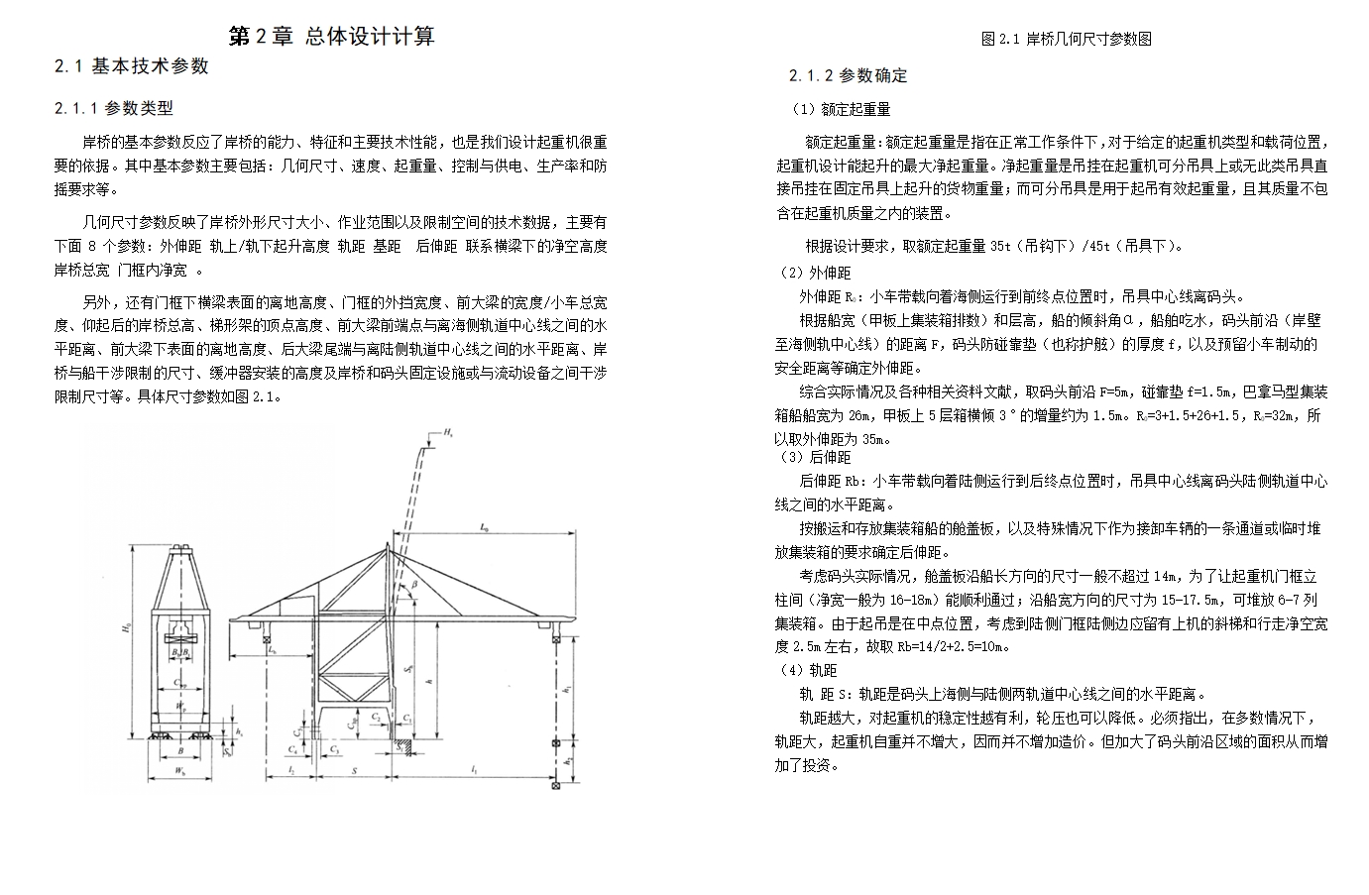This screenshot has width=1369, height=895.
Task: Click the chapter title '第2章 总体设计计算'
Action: coord(331,37)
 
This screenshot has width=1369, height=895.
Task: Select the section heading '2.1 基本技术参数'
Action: coord(132,66)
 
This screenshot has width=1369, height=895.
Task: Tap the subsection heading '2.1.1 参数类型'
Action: coord(114,108)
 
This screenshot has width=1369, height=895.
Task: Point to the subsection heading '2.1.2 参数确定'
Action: coord(848,75)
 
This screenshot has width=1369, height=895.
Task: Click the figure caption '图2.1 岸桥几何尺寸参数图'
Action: coord(1066,39)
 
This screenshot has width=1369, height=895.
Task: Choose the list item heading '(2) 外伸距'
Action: coord(815,273)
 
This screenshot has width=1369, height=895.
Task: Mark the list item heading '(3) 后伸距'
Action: coord(815,457)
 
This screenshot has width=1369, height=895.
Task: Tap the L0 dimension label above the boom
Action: coord(483,529)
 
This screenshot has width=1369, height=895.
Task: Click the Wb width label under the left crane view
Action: coord(179,769)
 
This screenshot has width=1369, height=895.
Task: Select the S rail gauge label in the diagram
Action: coord(354,769)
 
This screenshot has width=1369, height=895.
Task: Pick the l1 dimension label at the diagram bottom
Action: coord(476,769)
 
